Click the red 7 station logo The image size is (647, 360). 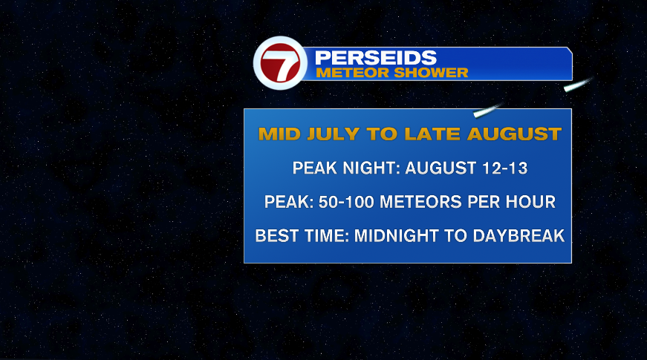(x=280, y=62)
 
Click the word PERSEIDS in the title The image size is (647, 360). (x=375, y=58)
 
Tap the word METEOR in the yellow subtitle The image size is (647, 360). (x=353, y=73)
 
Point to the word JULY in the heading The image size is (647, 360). (x=334, y=134)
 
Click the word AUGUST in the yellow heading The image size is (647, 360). (x=514, y=134)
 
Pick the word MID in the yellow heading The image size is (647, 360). (x=279, y=134)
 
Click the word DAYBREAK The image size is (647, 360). (x=518, y=236)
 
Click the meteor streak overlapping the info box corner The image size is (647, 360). (x=488, y=110)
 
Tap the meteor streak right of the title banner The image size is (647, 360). (x=579, y=84)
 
